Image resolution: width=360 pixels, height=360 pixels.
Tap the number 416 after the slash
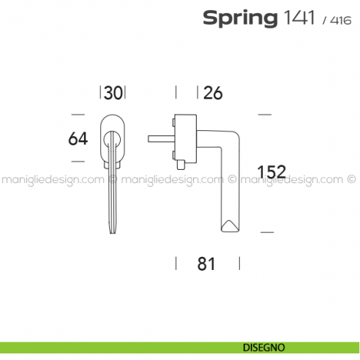click(340, 20)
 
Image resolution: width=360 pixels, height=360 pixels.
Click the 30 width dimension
click(113, 93)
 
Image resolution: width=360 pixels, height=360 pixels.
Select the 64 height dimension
click(78, 138)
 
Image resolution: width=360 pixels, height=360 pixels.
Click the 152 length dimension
click(272, 172)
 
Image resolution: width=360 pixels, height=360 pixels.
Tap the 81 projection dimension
click(207, 264)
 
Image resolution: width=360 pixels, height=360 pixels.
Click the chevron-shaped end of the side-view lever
click(228, 224)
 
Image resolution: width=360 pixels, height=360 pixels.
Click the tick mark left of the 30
click(100, 93)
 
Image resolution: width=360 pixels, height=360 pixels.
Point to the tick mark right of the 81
click(239, 263)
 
